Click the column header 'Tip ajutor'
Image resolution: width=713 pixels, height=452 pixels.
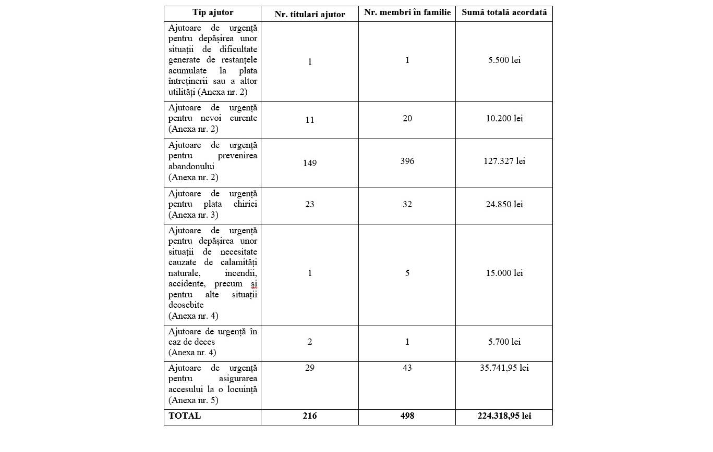[213, 12]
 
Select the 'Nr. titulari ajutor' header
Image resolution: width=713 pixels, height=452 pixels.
[310, 15]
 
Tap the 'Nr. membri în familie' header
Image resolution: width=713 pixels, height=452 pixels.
[407, 12]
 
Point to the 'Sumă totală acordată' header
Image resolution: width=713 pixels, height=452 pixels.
[504, 12]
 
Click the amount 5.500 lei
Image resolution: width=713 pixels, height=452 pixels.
[504, 60]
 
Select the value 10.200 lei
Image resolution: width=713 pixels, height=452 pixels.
[504, 119]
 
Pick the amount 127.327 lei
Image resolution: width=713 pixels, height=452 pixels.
[504, 161]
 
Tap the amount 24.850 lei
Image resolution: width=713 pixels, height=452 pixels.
[504, 205]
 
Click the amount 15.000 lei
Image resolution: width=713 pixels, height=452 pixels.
[504, 273]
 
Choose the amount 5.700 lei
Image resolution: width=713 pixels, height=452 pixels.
[504, 342]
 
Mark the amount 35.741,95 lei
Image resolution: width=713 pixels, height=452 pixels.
[504, 368]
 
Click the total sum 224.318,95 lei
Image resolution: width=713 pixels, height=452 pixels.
[504, 416]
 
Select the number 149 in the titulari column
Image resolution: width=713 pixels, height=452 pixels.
[310, 164]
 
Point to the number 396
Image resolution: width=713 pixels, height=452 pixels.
[407, 161]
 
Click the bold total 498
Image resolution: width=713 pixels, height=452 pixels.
[407, 416]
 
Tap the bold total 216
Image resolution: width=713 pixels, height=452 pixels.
[310, 416]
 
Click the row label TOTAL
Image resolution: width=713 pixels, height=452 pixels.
[185, 416]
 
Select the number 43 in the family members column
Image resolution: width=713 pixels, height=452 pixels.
[407, 368]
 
